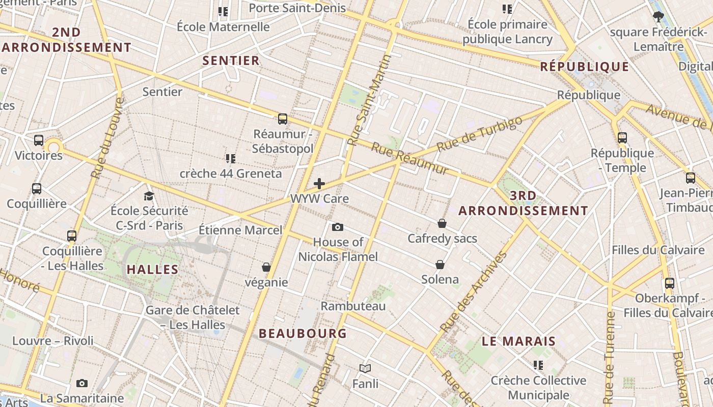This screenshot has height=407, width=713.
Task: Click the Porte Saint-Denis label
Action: (x=297, y=8)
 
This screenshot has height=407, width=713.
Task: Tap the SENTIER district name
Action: (x=231, y=61)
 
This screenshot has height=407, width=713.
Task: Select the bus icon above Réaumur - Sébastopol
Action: (x=283, y=119)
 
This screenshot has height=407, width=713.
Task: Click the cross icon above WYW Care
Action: (x=319, y=184)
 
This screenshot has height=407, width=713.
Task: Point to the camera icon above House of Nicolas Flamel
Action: (x=337, y=227)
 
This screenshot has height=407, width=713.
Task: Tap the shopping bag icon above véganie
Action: (x=266, y=267)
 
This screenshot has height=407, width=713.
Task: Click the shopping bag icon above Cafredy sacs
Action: (x=442, y=223)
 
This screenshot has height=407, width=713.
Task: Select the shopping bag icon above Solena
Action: (x=440, y=265)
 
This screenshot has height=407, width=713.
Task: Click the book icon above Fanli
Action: (x=365, y=368)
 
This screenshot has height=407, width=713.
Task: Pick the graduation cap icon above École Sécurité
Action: (x=149, y=196)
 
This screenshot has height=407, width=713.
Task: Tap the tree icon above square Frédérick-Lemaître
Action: (x=658, y=17)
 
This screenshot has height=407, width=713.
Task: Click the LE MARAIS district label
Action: (x=518, y=341)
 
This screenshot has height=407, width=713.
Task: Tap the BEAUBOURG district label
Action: (x=303, y=334)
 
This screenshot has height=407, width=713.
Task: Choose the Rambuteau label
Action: (x=353, y=306)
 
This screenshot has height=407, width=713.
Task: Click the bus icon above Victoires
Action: (x=39, y=140)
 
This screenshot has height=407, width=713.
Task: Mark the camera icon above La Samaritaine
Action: (x=81, y=383)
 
